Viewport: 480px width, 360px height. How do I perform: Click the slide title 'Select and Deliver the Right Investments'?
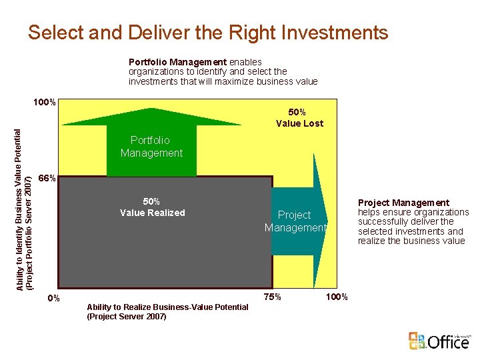pos(207,32)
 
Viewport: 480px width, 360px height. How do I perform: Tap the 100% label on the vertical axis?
pos(45,103)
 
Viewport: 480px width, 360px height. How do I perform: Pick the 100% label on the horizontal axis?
pos(335,297)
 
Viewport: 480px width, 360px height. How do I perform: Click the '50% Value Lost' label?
pos(299,117)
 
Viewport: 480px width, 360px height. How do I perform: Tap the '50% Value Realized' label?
pos(152,207)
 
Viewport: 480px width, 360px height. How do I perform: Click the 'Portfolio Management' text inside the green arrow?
pos(151,147)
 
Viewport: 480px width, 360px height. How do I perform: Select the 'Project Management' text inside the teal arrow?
pos(295,221)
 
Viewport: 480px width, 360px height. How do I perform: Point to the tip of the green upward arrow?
pos(151,102)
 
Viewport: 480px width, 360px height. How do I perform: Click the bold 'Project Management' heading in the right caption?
pos(403,203)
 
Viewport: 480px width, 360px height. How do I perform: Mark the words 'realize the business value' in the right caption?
pos(411,241)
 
